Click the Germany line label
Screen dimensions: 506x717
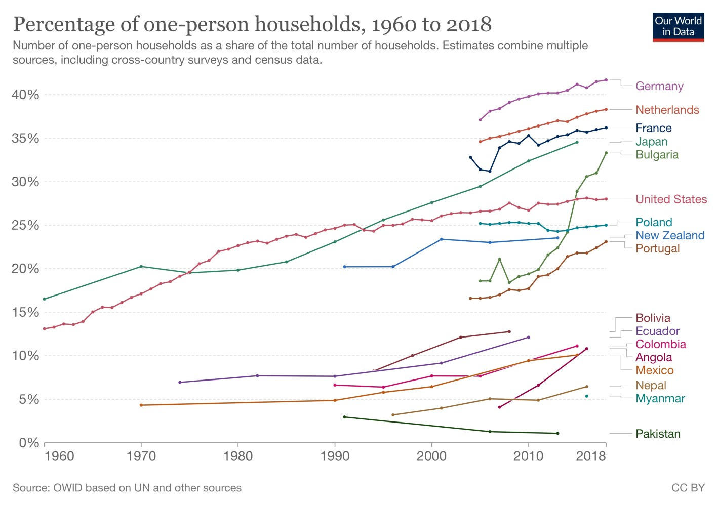click(659, 86)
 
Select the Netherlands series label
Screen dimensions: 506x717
click(667, 110)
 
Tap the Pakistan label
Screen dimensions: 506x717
click(658, 434)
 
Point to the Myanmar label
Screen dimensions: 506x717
click(660, 398)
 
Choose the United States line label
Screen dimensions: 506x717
click(671, 199)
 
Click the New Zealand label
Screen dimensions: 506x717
click(669, 235)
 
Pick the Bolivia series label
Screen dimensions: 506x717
click(653, 318)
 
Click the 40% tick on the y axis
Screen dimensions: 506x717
click(26, 95)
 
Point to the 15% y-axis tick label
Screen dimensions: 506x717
click(26, 312)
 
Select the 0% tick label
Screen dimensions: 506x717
click(29, 443)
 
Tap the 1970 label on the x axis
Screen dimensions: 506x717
click(141, 456)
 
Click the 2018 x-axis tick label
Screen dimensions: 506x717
click(591, 456)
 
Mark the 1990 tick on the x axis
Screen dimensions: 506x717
click(335, 456)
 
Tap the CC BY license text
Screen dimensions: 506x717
click(688, 488)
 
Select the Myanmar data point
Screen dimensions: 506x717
click(587, 396)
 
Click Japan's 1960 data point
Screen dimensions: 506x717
click(44, 299)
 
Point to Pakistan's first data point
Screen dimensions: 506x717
click(344, 417)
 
